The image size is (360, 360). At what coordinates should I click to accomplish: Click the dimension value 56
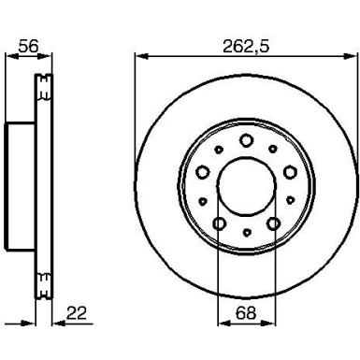tap(28, 46)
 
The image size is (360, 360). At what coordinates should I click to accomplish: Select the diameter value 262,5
tap(246, 47)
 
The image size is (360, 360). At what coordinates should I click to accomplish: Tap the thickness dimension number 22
tap(76, 314)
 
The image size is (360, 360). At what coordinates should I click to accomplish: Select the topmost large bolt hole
tap(246, 140)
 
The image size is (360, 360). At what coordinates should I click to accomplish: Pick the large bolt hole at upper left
tap(203, 172)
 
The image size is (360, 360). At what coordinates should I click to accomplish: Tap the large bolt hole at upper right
tap(290, 172)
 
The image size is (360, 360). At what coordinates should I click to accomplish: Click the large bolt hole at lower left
tap(220, 223)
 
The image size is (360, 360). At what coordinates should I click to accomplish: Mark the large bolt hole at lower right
tap(273, 223)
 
